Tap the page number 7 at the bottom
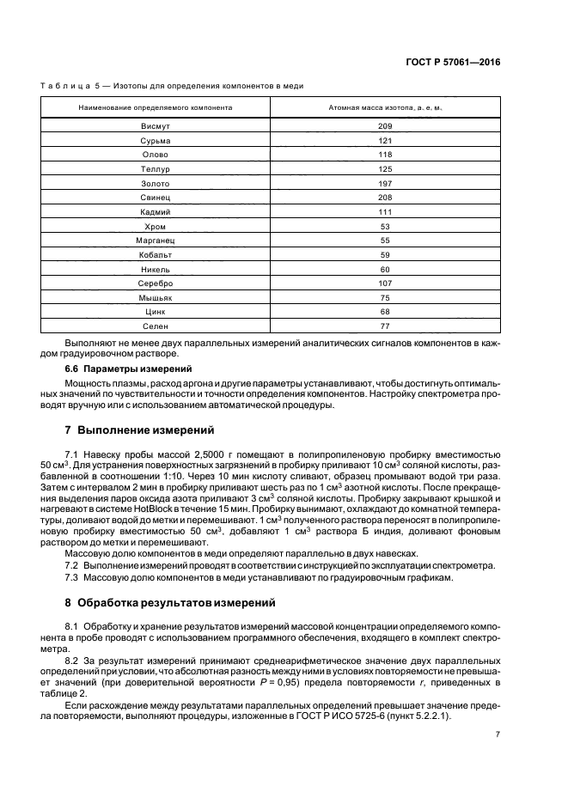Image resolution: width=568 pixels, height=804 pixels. coord(498,734)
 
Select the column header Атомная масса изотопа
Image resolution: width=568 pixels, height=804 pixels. coord(384,107)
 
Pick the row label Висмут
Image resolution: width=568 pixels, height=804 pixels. coord(156,126)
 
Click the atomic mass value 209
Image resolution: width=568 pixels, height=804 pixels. coord(384,126)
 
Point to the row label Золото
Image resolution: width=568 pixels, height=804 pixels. coord(156,183)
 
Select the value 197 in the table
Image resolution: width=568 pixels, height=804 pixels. coord(384,183)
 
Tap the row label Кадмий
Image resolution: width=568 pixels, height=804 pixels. coord(156,212)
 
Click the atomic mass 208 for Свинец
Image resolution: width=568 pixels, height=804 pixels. coord(384,198)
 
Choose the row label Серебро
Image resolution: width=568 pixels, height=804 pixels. coord(156,283)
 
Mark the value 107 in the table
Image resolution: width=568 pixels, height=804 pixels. coord(384,283)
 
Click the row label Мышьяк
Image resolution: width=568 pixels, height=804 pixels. coord(156,298)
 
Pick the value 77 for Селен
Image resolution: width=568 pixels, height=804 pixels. coord(384,326)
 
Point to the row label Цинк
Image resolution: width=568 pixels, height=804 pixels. coord(156,312)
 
